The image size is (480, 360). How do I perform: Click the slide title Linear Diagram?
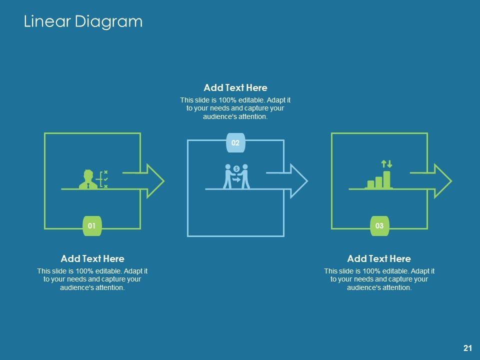click(x=83, y=21)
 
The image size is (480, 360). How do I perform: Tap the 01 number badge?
click(x=92, y=226)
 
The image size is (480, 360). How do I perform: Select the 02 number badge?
click(x=235, y=143)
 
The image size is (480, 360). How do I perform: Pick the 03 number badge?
click(x=379, y=226)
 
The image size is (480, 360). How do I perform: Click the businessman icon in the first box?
click(x=88, y=179)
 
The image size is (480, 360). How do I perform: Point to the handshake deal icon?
click(x=236, y=176)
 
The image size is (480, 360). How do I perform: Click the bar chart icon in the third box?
click(x=378, y=180)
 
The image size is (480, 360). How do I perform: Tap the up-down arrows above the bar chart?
click(x=387, y=163)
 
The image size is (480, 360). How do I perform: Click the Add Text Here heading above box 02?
click(x=235, y=88)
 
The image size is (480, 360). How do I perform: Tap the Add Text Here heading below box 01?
click(x=92, y=258)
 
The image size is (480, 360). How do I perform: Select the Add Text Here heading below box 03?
click(x=379, y=258)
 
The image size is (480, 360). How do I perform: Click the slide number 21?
click(x=467, y=348)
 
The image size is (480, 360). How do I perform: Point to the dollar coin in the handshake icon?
click(x=236, y=168)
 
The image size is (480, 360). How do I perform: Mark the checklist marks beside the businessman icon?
click(x=105, y=179)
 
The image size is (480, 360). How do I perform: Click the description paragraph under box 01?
click(x=92, y=279)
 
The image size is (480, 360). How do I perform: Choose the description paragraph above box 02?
click(x=235, y=108)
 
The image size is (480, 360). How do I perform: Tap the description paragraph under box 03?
click(x=379, y=279)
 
